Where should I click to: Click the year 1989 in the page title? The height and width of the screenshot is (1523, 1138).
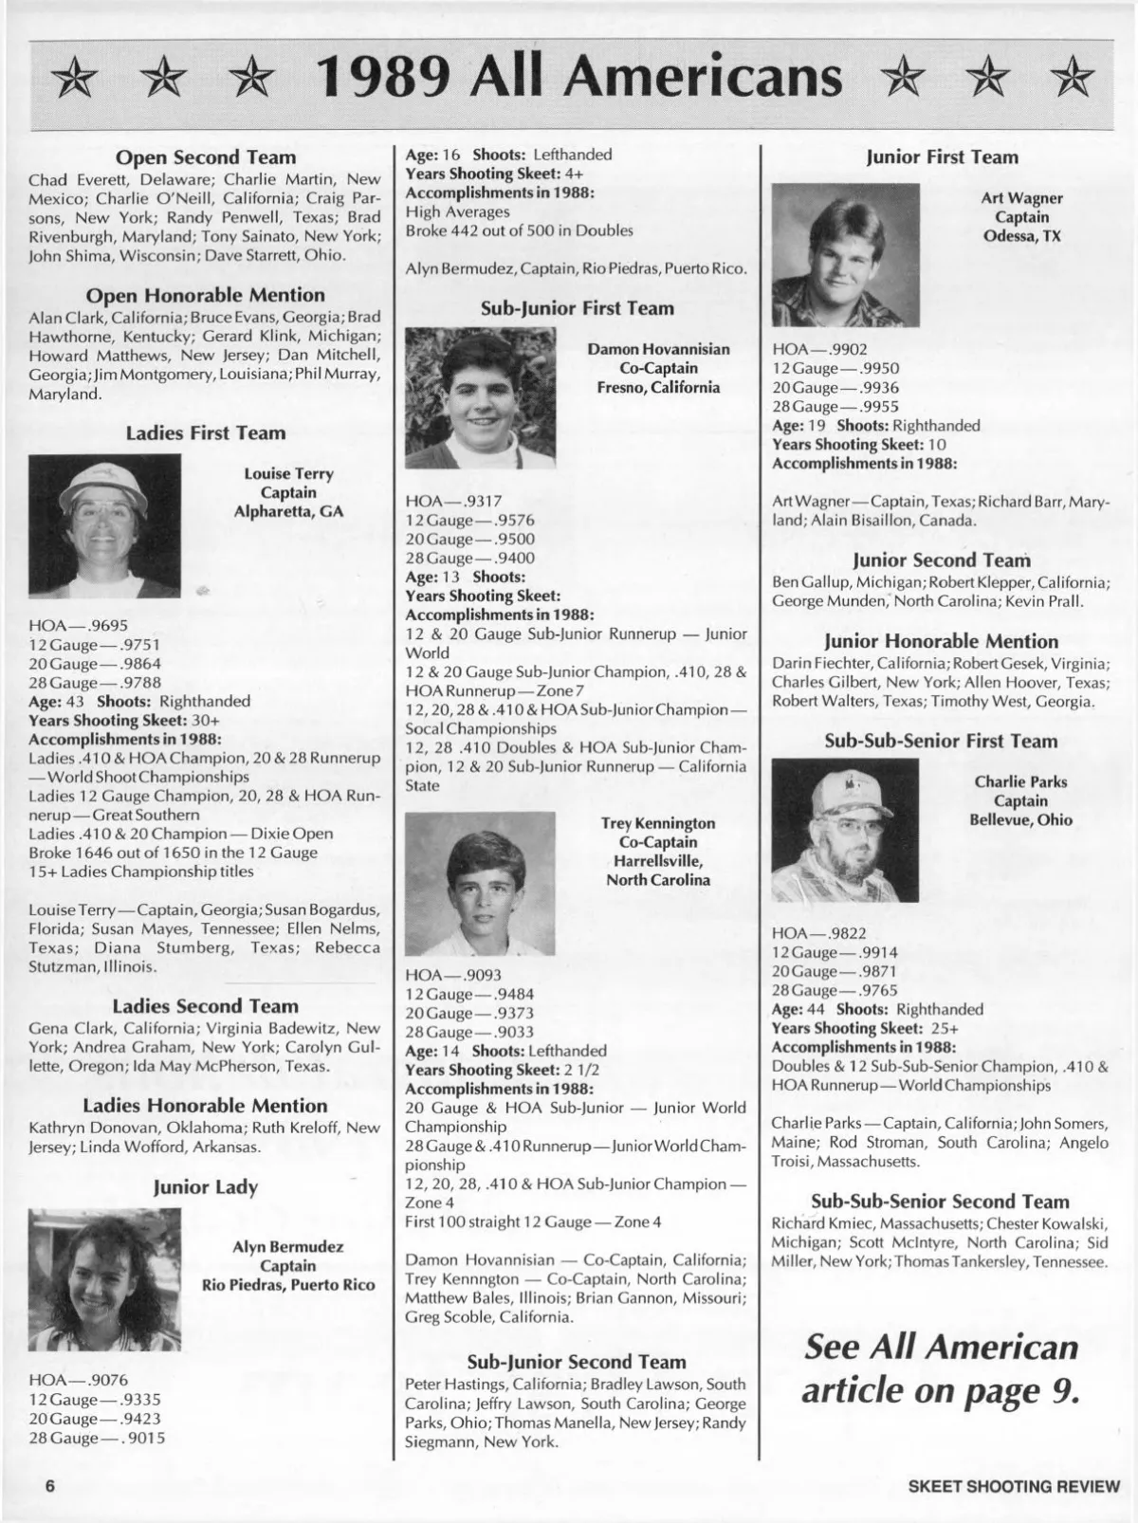click(x=384, y=77)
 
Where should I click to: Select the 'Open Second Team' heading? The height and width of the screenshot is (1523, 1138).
click(x=205, y=157)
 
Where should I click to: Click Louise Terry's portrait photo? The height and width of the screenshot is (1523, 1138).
click(x=104, y=525)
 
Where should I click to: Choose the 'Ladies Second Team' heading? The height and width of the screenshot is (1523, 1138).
click(x=205, y=1006)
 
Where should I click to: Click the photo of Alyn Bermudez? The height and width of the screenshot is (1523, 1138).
click(x=104, y=1279)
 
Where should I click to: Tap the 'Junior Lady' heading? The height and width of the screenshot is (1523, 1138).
click(x=205, y=1187)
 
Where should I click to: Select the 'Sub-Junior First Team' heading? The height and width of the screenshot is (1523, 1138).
click(x=577, y=308)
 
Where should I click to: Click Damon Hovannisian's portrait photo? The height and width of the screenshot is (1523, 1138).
click(x=480, y=397)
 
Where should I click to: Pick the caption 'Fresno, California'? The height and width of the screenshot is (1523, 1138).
click(x=658, y=387)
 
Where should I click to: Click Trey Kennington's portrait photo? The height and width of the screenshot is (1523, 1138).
click(x=480, y=883)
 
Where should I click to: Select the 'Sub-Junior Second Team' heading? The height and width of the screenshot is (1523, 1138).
click(x=577, y=1362)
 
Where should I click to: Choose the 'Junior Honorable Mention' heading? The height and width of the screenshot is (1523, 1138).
click(x=941, y=641)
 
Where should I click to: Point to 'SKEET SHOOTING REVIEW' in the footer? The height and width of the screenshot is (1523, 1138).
click(x=1013, y=1486)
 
